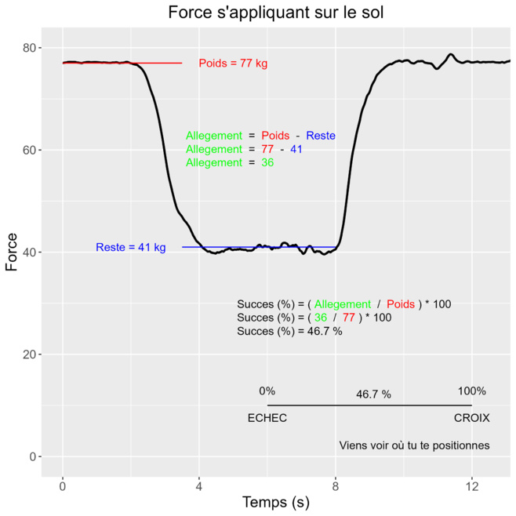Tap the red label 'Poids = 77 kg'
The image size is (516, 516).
pos(233,64)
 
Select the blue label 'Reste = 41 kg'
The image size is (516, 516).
pos(131,248)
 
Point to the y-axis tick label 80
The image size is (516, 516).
pos(30,48)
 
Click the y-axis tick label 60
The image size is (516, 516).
pos(30,150)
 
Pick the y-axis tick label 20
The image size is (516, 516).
pos(30,354)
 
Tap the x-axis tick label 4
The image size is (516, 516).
pos(199,486)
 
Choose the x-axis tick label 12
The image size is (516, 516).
pos(472,486)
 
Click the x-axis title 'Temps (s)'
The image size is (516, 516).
pos(275,503)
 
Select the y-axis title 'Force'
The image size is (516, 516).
pos(12,252)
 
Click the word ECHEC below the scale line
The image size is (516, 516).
pos(267,418)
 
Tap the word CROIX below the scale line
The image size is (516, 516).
pos(471,418)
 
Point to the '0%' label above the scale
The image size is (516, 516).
pos(267,391)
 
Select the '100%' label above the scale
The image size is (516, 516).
pos(472,391)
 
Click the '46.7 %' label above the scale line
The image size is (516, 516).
pos(373,394)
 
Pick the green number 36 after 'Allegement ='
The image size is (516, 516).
pos(267,162)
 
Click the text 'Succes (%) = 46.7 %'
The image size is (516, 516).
pos(289,331)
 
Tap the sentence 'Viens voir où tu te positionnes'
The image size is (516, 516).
pos(414,445)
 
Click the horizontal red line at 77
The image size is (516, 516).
pos(157,63)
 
